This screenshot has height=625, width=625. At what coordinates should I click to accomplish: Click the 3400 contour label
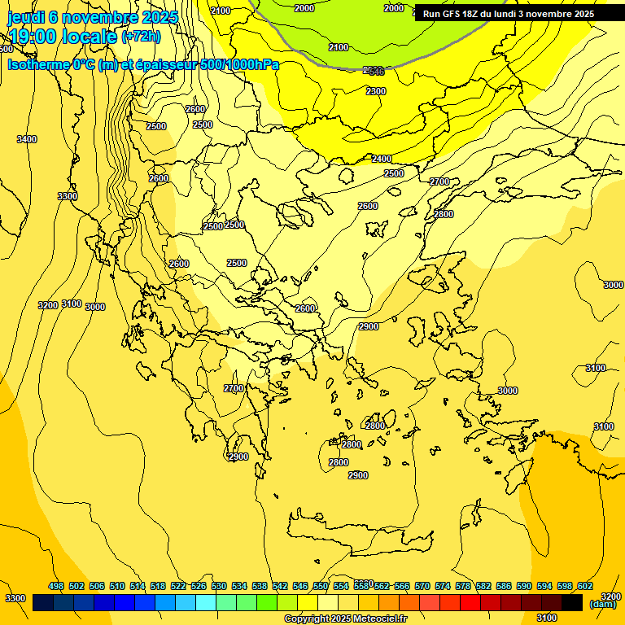27,139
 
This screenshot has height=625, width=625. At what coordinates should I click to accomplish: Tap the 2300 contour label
376,91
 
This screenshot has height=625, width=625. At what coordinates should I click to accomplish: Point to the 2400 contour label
382,159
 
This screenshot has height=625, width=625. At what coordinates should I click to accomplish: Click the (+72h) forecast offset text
141,37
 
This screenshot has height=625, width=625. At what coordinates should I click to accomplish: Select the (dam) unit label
602,603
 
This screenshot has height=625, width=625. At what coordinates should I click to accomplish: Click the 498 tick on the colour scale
56,586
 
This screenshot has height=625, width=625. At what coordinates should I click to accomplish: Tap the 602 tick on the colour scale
584,586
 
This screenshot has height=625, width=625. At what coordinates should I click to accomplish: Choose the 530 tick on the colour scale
219,586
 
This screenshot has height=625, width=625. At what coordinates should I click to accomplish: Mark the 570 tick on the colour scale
422,586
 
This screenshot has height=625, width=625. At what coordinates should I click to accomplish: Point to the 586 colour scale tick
504,586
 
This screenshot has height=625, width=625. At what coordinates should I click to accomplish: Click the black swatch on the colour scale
572,603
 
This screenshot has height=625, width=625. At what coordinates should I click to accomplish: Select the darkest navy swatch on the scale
43,603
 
